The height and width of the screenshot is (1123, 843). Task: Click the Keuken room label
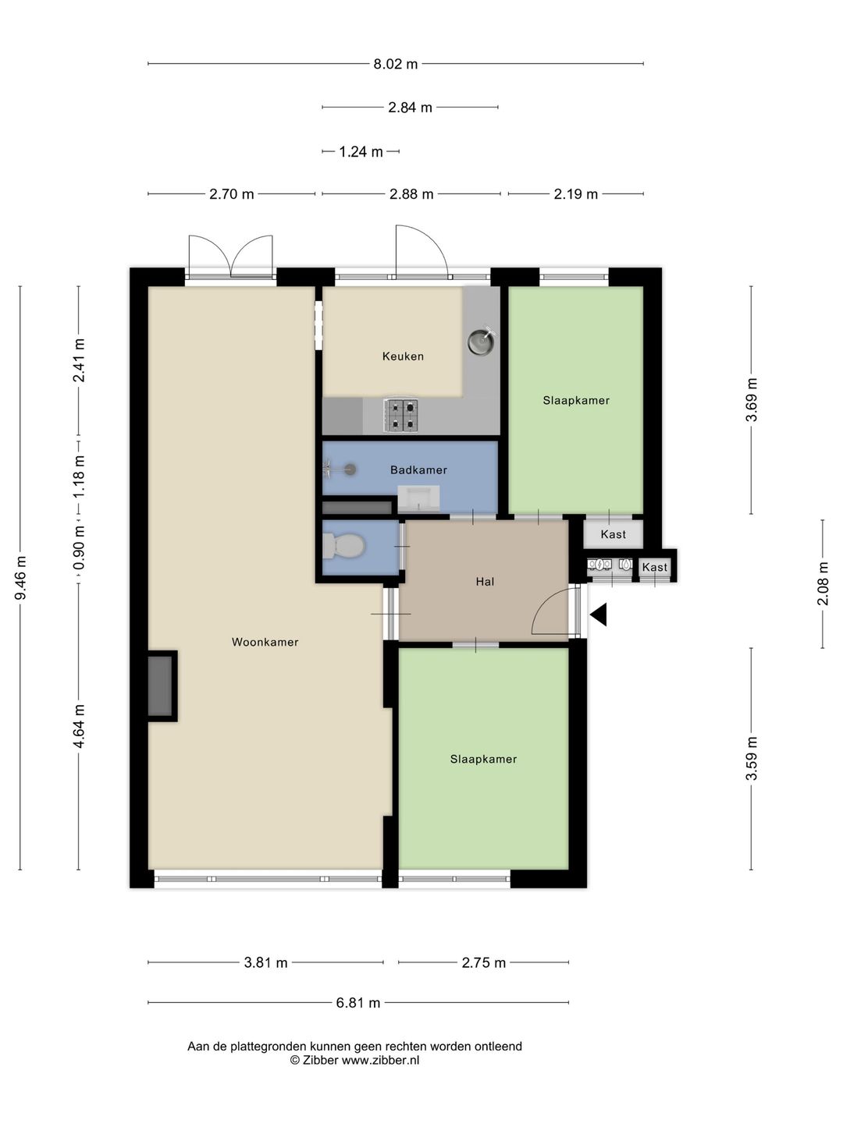[x=403, y=356]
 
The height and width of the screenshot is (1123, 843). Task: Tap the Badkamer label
[x=418, y=469]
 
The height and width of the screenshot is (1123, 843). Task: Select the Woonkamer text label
[x=265, y=642]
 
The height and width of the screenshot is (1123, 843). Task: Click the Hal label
[x=485, y=582]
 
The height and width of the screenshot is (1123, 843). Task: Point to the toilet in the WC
[x=344, y=547]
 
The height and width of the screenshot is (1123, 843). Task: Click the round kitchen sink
[x=482, y=341]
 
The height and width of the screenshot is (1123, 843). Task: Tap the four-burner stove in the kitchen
[x=402, y=415]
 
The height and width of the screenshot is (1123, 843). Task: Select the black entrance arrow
[x=599, y=615]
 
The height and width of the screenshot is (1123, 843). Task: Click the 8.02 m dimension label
[x=395, y=64]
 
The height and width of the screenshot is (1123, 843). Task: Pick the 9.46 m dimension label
[x=21, y=577]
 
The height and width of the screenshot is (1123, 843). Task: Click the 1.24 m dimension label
[x=361, y=152]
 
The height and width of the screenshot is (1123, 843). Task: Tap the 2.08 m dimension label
[x=823, y=583]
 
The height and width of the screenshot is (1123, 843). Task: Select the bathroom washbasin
[x=418, y=499]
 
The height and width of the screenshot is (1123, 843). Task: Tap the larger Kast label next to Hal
[x=614, y=534]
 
